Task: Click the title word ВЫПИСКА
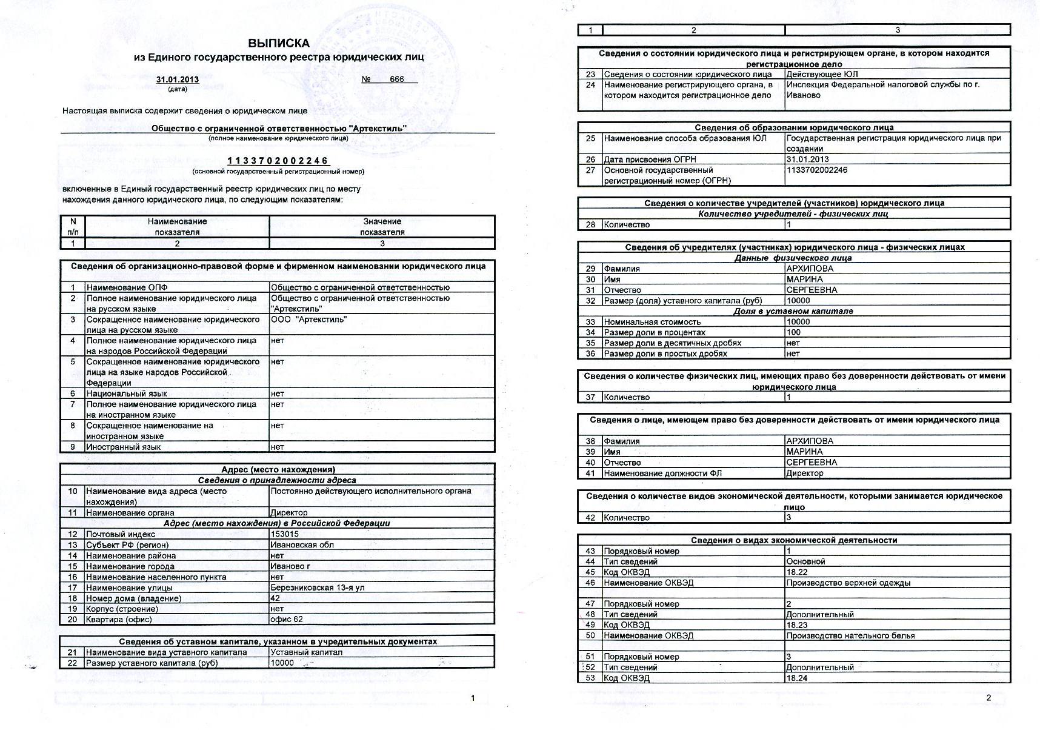click(x=278, y=43)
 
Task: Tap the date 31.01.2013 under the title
click(x=178, y=79)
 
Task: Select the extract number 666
click(x=397, y=79)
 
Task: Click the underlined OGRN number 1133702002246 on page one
click(x=278, y=161)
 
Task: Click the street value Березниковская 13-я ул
click(x=318, y=588)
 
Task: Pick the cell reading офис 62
click(x=287, y=619)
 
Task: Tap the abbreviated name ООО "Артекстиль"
click(x=308, y=320)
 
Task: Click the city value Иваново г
click(x=290, y=566)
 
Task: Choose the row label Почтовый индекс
click(x=121, y=534)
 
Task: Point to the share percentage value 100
click(x=793, y=332)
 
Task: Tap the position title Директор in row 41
click(x=804, y=473)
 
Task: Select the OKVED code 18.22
click(x=797, y=572)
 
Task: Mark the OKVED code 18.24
click(x=797, y=678)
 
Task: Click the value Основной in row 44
click(x=805, y=561)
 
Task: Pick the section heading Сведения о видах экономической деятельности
click(x=794, y=540)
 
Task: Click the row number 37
click(x=590, y=397)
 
